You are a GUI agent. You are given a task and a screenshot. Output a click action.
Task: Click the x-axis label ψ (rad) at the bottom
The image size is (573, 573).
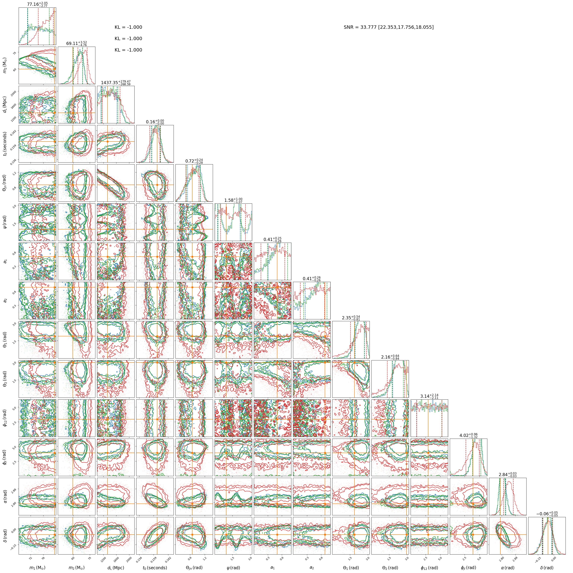point(233,567)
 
